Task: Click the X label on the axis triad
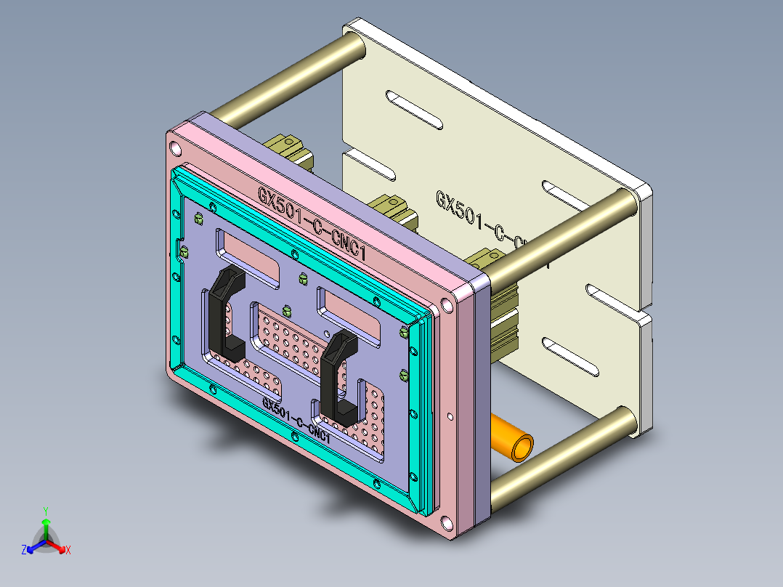tap(68, 551)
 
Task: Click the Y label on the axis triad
tap(45, 510)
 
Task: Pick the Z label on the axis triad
tap(24, 551)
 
